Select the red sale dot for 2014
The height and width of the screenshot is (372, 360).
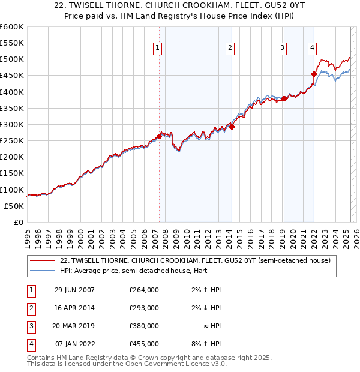pos(232,127)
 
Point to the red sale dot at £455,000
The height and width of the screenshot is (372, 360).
pos(314,74)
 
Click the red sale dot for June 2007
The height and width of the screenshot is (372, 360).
pos(159,136)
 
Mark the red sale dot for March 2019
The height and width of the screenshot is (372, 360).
pos(284,98)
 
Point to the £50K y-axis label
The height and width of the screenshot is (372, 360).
pos(14,206)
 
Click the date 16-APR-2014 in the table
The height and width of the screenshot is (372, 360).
pos(74,308)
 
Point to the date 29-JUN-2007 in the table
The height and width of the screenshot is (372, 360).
pos(74,290)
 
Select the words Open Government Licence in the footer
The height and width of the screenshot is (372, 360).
pos(175,364)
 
